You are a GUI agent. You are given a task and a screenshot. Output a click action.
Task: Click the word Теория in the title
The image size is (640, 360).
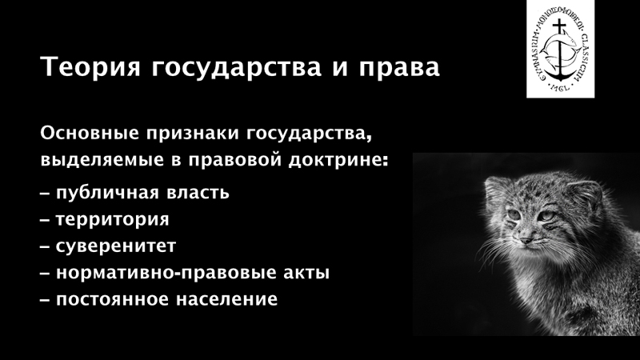[90, 67]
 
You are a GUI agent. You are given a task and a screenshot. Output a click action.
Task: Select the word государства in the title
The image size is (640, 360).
[237, 67]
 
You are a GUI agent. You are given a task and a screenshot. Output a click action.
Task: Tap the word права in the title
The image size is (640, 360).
[399, 67]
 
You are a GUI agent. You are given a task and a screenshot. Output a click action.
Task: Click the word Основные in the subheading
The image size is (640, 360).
[90, 134]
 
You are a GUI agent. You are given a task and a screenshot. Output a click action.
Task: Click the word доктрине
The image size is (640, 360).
[338, 159]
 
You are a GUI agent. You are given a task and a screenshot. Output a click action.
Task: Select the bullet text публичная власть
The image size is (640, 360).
[142, 193]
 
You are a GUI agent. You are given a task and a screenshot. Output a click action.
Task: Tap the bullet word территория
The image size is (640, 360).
[112, 220]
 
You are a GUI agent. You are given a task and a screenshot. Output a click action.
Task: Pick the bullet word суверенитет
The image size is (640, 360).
[116, 246]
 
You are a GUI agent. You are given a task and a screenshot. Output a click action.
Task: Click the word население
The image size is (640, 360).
[226, 299]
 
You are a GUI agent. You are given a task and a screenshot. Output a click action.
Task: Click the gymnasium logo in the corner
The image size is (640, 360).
[560, 49]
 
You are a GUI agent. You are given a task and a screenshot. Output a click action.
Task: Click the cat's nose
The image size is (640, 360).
[526, 239]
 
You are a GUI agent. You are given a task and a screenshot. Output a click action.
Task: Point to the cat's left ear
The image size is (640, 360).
[585, 196]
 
